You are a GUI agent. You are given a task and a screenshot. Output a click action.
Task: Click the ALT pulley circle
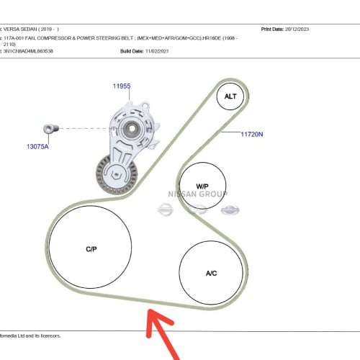(x=230, y=96)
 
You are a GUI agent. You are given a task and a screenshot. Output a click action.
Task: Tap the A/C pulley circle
(x=212, y=273)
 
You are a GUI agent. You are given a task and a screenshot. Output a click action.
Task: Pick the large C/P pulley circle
(x=91, y=249)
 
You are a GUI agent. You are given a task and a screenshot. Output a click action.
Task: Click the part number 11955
(x=121, y=86)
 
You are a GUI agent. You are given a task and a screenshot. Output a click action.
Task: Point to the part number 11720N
(x=252, y=133)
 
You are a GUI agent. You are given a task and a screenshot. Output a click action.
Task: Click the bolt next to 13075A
(x=49, y=128)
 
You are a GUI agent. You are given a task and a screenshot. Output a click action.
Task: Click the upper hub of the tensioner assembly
(x=131, y=129)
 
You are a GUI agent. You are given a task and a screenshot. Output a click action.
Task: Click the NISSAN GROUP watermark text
(x=197, y=194)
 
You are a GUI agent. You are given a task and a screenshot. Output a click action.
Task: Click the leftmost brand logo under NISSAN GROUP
(x=166, y=209)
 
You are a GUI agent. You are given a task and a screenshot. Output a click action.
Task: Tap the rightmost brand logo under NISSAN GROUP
(x=228, y=209)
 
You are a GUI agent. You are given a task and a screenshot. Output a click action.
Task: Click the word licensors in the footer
(x=48, y=336)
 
